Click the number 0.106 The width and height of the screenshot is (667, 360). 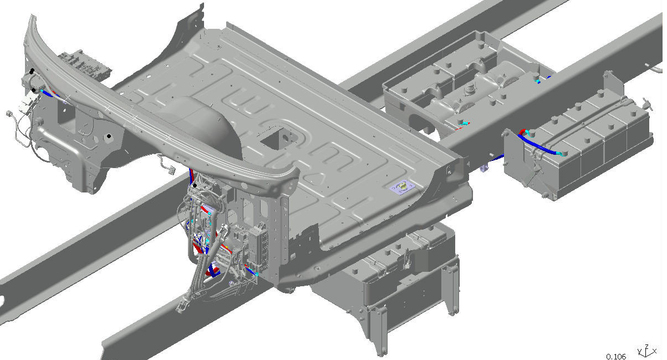click(x=616, y=356)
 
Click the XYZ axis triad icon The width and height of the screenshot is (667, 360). click(x=646, y=351)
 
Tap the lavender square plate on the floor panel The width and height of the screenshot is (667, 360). click(x=403, y=187)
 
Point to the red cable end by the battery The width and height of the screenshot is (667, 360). click(x=522, y=132)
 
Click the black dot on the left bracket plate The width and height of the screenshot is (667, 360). click(x=109, y=136)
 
